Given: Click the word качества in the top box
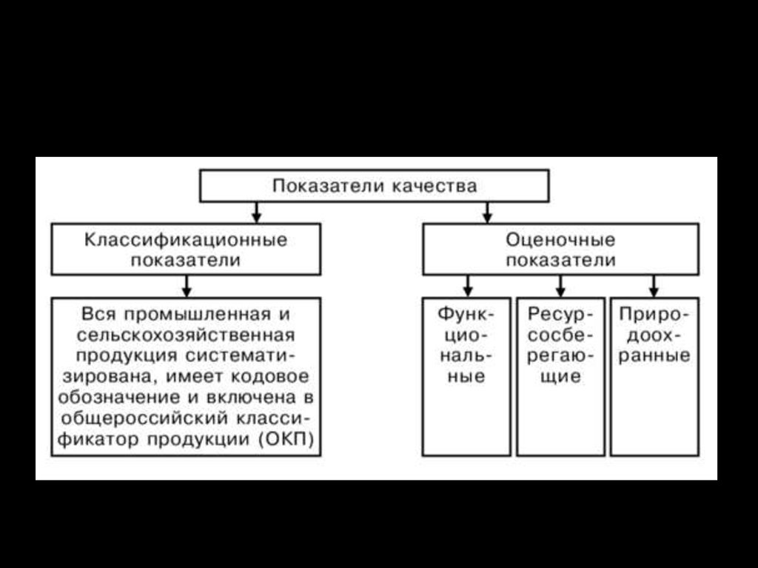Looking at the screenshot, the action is [x=434, y=186].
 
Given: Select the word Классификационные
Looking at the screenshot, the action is [x=186, y=240].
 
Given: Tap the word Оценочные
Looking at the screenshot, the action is [x=560, y=240].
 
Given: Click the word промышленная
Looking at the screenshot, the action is [x=197, y=315].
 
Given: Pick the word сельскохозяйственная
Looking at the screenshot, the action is [x=186, y=335].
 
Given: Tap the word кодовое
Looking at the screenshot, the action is [x=269, y=376].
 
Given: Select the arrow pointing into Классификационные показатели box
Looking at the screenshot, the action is [x=257, y=213].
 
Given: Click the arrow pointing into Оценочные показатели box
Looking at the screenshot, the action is [x=487, y=213].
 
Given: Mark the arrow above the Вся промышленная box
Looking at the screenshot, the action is [x=187, y=286].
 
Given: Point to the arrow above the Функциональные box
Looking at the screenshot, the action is [x=468, y=286].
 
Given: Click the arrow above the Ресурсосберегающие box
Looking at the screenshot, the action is [x=560, y=286].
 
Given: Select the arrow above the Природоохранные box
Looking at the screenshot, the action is [x=654, y=286].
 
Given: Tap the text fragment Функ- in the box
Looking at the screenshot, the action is [x=466, y=315].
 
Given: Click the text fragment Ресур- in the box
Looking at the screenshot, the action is [x=560, y=315].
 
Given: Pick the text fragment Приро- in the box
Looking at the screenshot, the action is [x=654, y=315].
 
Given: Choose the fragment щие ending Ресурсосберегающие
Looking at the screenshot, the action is [x=561, y=376].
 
